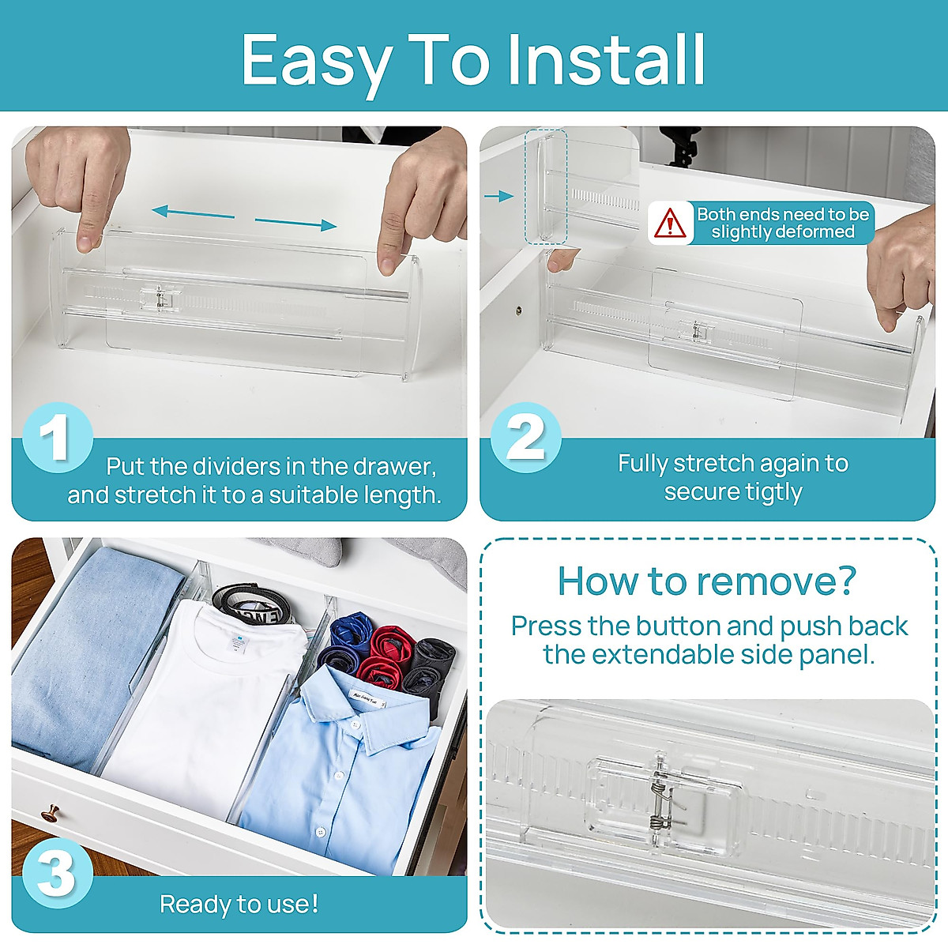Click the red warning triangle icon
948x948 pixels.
tap(670, 224)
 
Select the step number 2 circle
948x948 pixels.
tap(525, 437)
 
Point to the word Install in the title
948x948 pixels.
tap(605, 60)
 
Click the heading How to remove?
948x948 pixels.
tap(707, 581)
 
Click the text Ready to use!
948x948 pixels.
tap(239, 904)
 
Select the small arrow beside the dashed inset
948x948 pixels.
tap(499, 196)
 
